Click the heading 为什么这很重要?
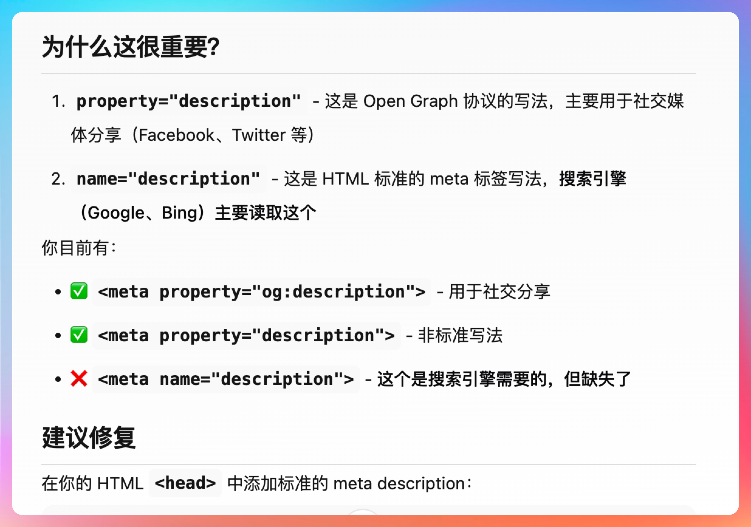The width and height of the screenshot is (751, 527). (x=131, y=47)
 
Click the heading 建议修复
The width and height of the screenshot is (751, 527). (x=89, y=437)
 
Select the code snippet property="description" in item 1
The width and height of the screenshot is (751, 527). (x=188, y=101)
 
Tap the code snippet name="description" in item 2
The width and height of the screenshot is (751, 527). (x=168, y=179)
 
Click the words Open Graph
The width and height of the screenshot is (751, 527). (x=410, y=101)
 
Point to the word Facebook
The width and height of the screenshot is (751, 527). (x=176, y=135)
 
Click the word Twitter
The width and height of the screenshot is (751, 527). (x=259, y=135)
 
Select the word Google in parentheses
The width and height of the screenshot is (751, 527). (x=116, y=213)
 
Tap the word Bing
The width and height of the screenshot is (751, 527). (x=179, y=213)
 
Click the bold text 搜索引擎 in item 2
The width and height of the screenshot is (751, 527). (x=593, y=179)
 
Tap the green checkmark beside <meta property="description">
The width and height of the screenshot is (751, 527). (x=79, y=335)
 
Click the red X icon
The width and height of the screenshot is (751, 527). (x=79, y=379)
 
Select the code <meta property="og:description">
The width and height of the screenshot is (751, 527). (x=262, y=292)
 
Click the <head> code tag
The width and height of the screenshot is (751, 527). (x=185, y=483)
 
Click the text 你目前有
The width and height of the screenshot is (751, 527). (x=75, y=247)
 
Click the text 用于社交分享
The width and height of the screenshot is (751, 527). (x=499, y=292)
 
